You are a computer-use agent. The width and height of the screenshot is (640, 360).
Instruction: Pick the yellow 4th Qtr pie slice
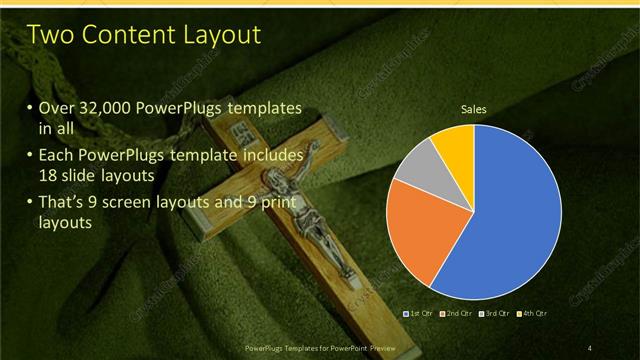[x=452, y=145]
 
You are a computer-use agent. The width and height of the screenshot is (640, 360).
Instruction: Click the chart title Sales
[x=472, y=108]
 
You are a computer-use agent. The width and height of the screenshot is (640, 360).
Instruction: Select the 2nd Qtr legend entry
[x=457, y=314]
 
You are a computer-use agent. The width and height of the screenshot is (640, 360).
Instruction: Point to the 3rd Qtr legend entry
[x=496, y=314]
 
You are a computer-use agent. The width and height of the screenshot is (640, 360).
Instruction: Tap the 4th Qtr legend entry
[x=534, y=314]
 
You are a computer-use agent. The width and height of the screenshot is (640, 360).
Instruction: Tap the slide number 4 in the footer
[x=590, y=347]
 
